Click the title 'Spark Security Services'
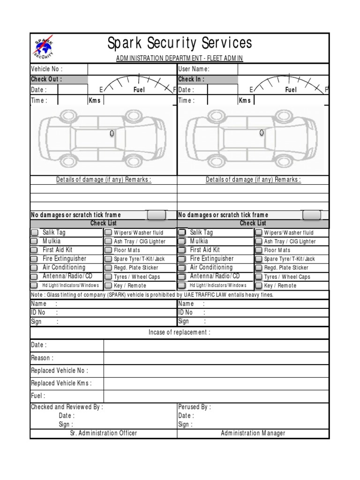point(180,44)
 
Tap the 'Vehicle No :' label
point(47,69)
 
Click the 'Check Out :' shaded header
point(46,79)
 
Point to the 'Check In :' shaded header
point(191,79)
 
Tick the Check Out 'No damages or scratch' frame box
point(156,215)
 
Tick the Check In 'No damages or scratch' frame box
point(312,215)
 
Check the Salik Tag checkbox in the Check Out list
point(35,232)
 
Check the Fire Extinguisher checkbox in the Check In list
point(182,259)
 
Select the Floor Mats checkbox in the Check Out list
point(108,250)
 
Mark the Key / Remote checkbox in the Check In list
point(258,285)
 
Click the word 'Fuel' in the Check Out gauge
point(139,90)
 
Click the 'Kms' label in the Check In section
point(245,100)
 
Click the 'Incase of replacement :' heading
point(180,332)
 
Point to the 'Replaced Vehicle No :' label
point(60,370)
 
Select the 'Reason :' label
point(42,358)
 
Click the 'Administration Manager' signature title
point(253,433)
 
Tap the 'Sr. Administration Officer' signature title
point(104,433)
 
